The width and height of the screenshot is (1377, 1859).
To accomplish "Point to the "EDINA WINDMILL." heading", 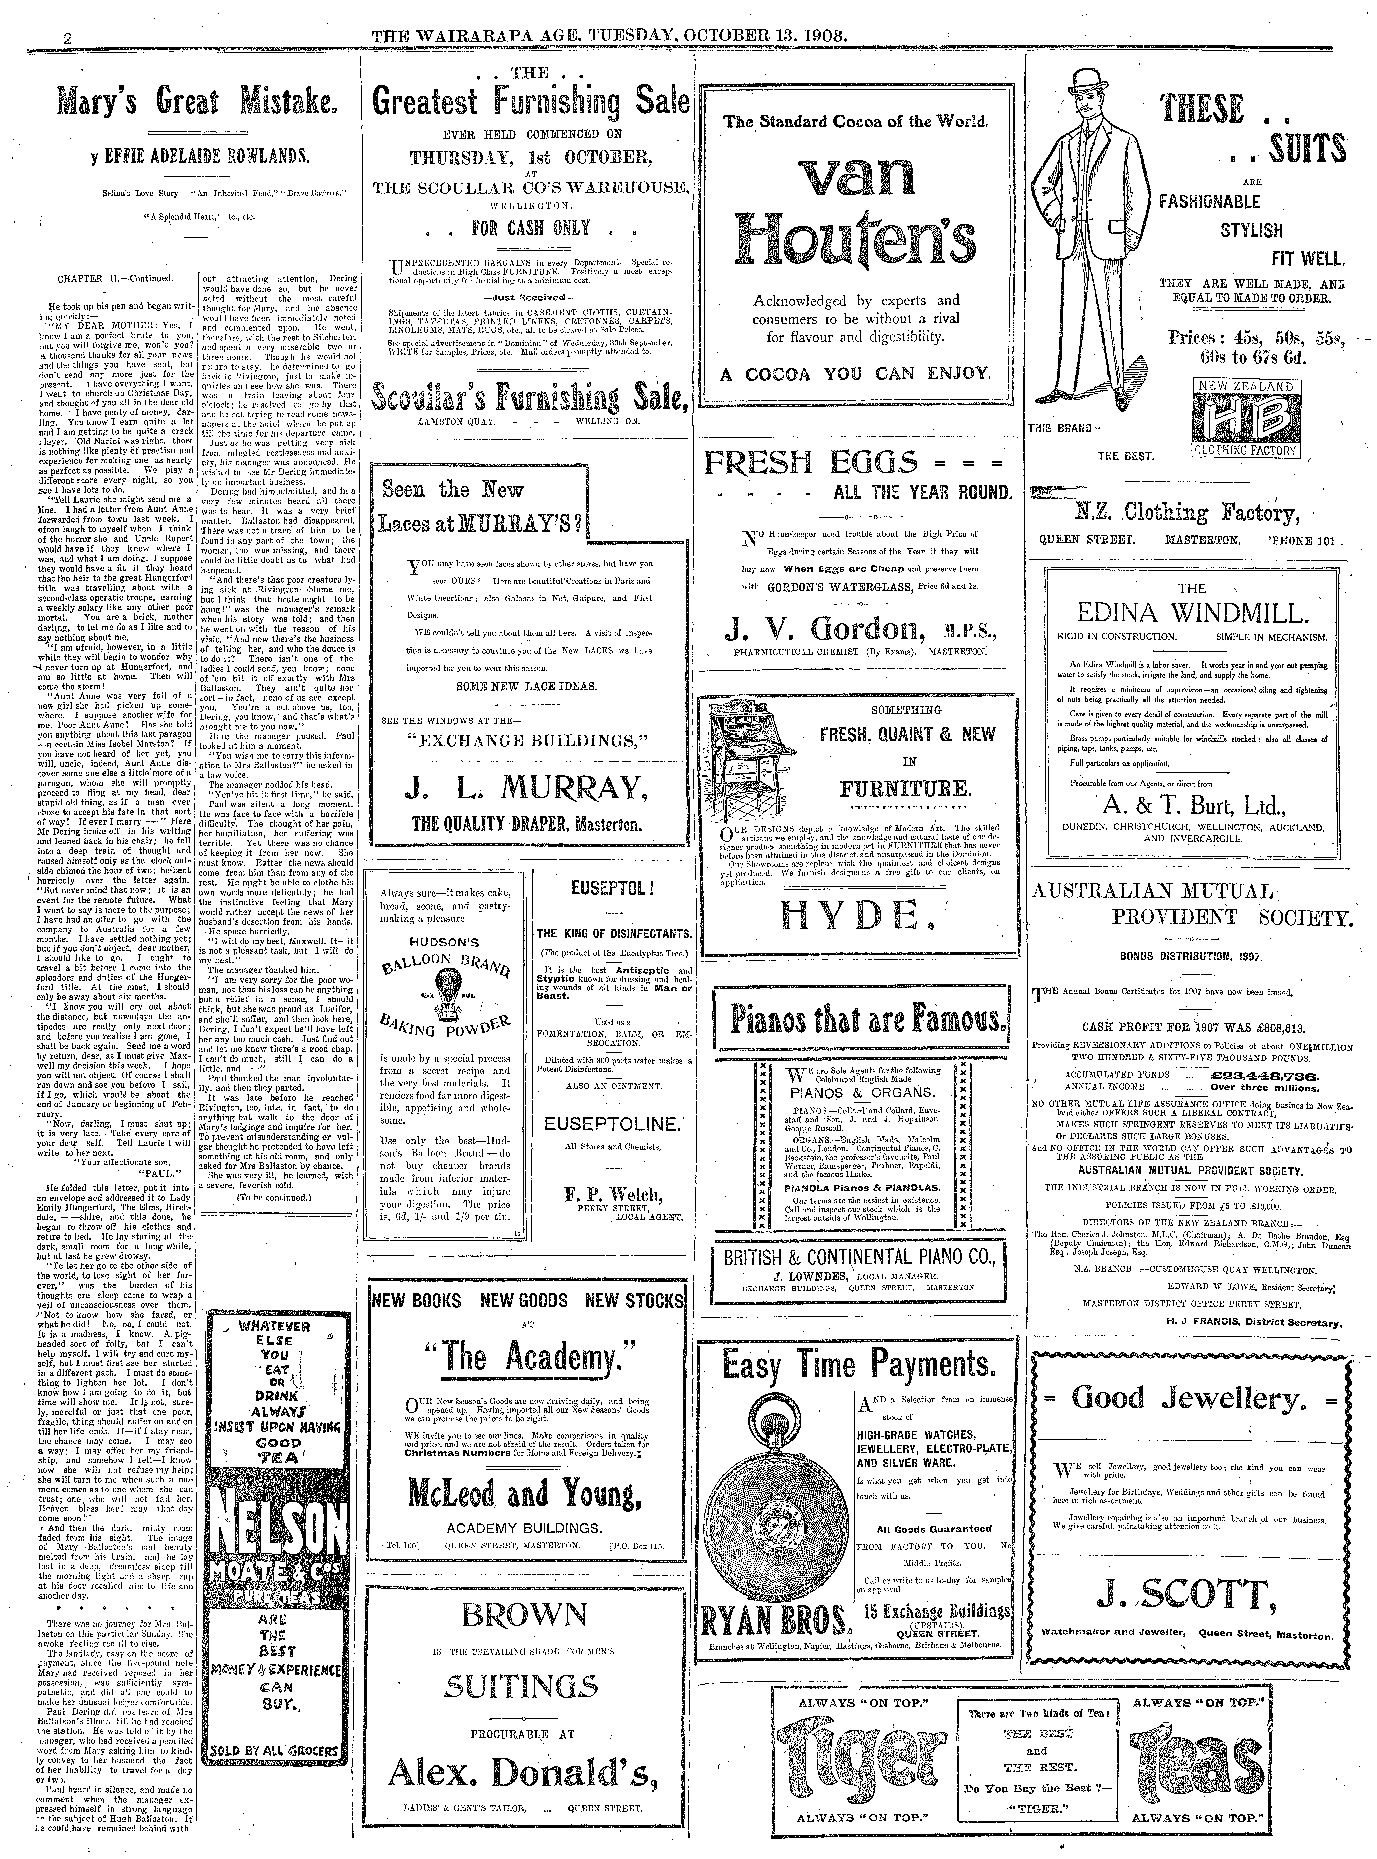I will [1192, 615].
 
